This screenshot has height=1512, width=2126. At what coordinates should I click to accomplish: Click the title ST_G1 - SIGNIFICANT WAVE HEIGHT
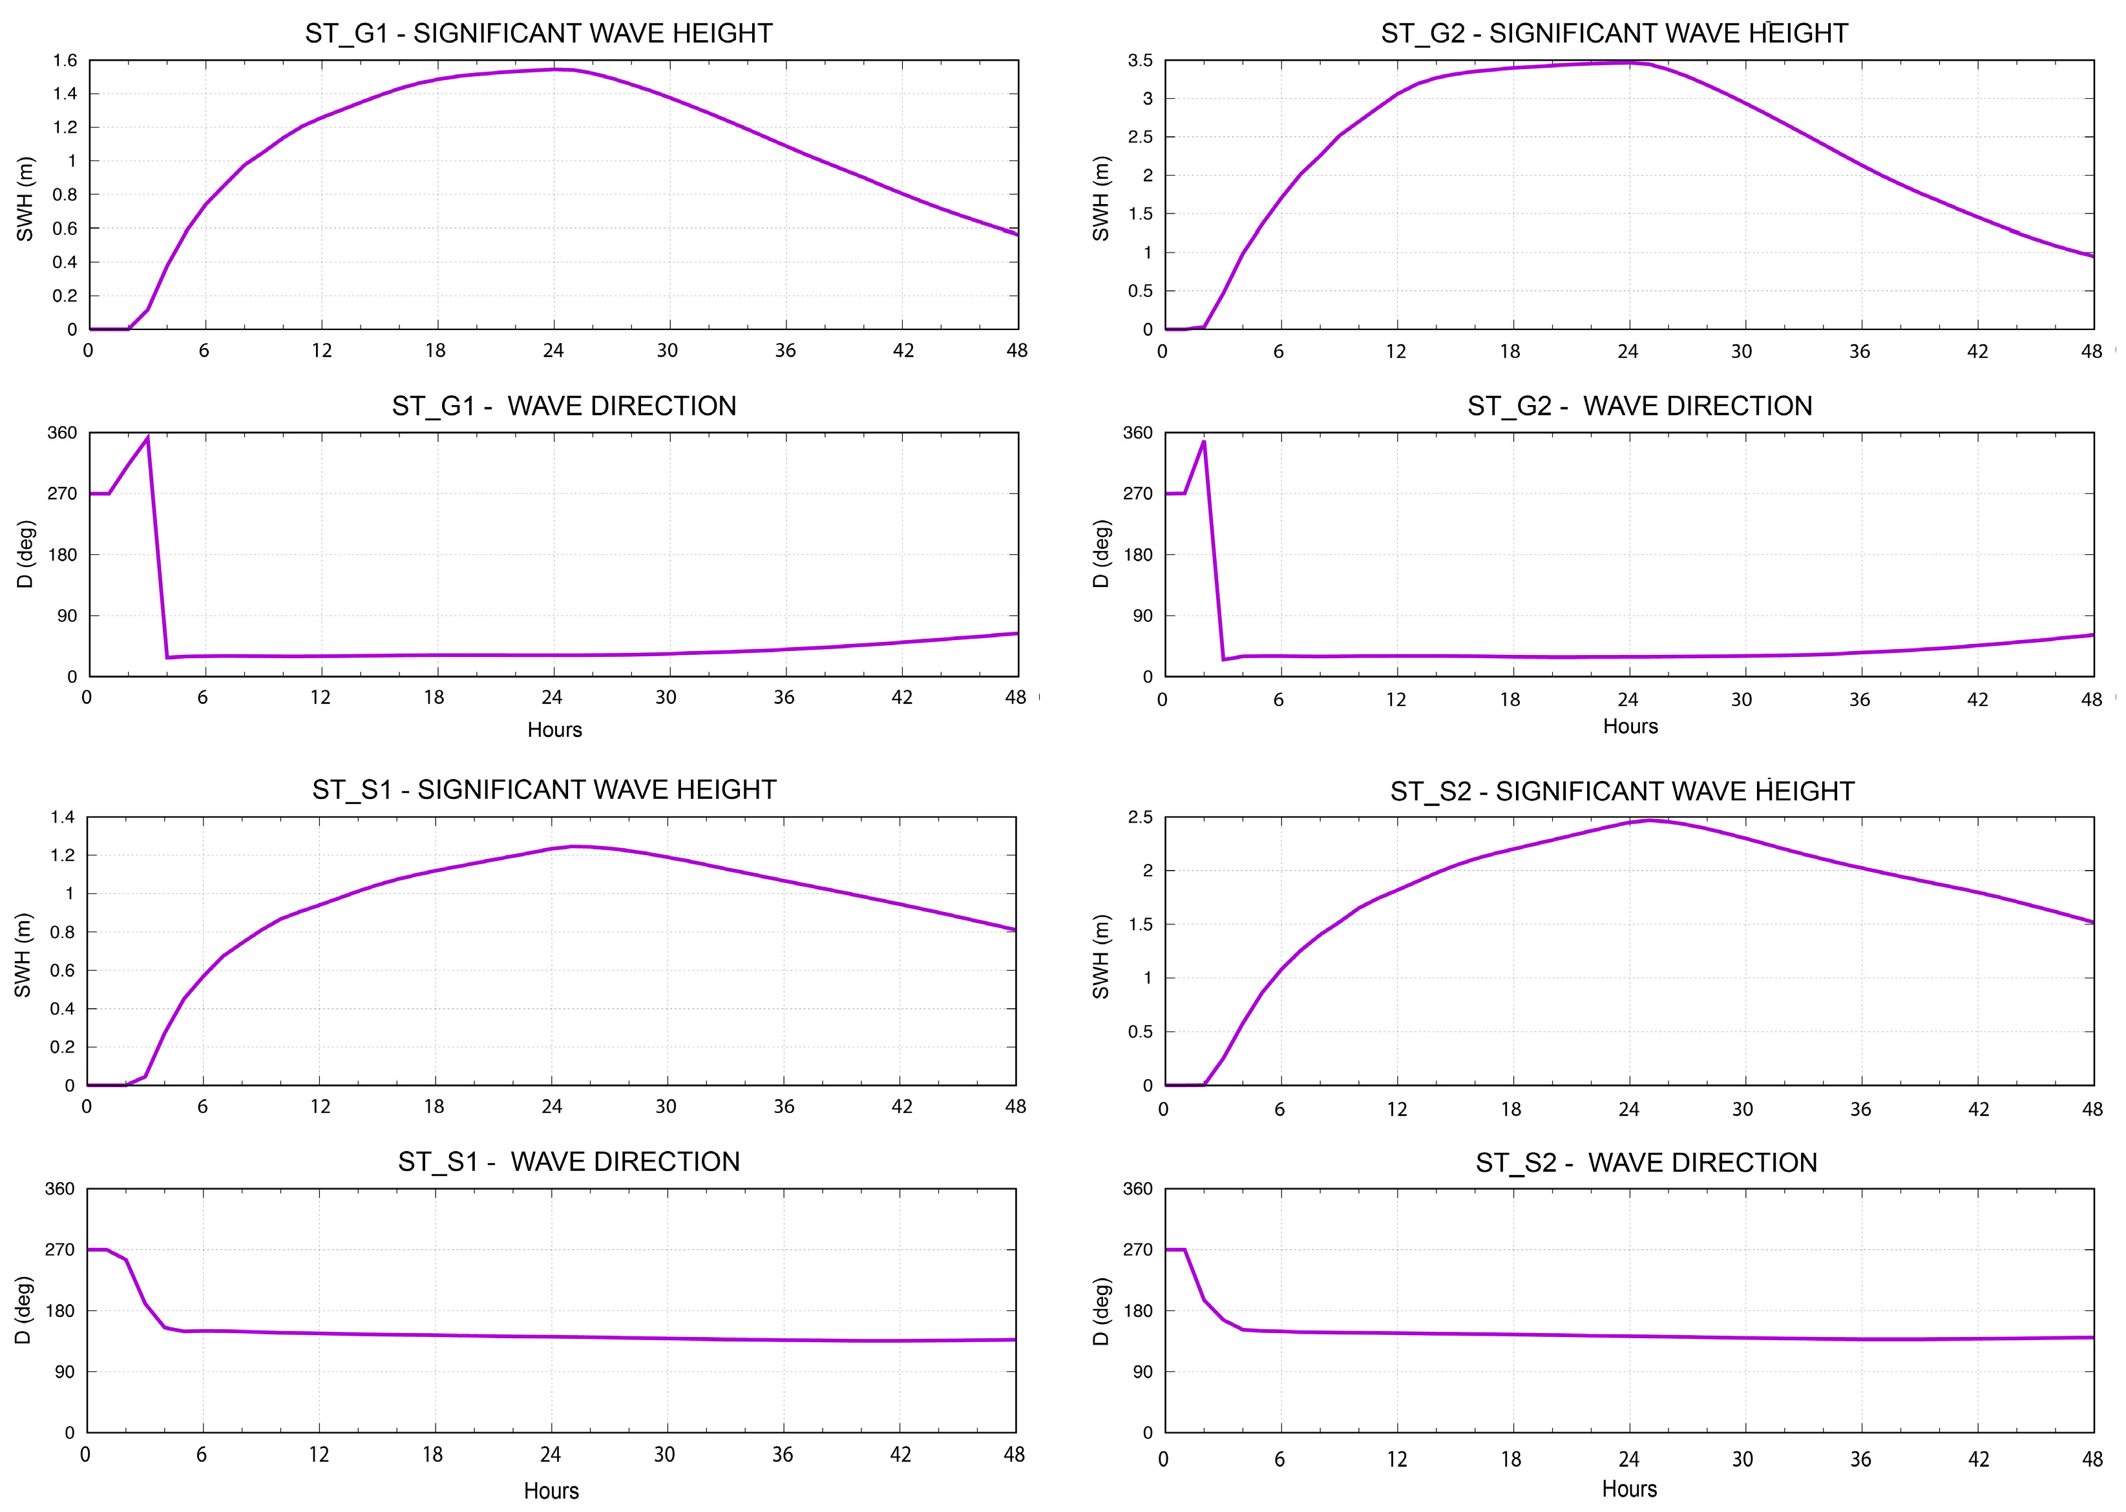(538, 34)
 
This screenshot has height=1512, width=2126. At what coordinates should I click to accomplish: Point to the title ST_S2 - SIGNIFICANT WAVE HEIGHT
(1621, 791)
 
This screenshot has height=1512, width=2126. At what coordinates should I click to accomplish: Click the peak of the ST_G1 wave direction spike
(147, 438)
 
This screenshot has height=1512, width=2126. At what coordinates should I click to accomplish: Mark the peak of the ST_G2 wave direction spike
(1204, 441)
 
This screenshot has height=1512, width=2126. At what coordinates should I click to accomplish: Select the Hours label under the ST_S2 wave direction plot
(1628, 1489)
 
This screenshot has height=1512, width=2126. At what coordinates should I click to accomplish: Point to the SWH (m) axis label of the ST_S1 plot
(23, 955)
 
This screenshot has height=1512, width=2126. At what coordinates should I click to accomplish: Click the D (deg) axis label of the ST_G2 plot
(1100, 554)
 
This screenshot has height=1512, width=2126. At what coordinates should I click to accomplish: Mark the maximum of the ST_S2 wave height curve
(1648, 820)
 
